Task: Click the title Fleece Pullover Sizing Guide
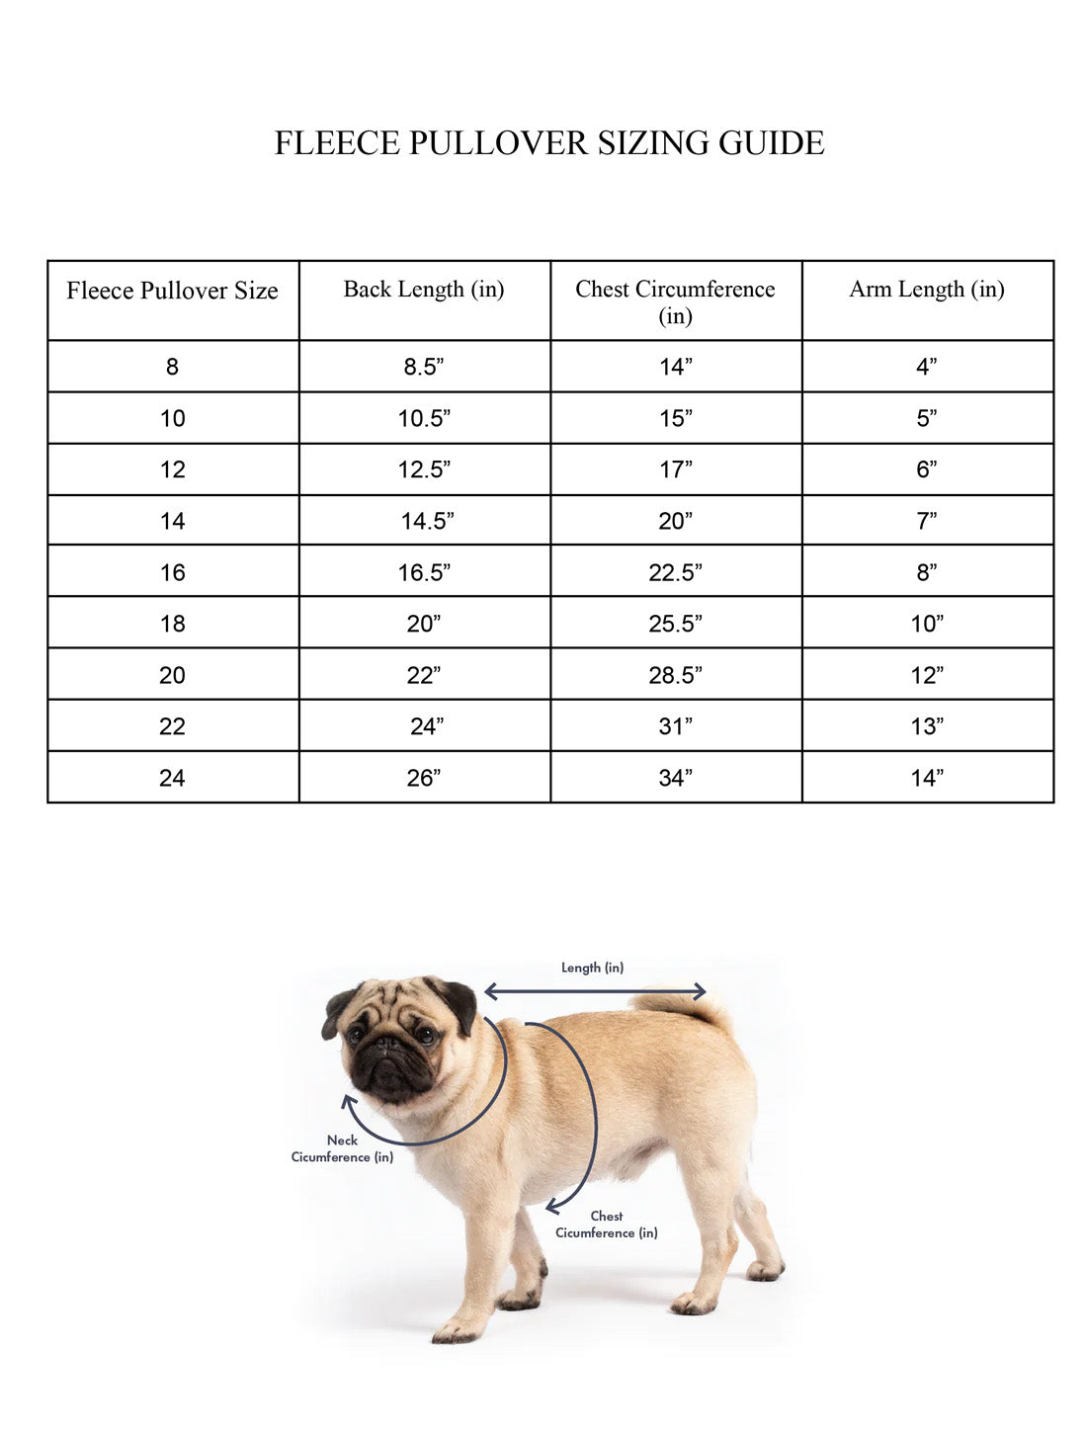(548, 143)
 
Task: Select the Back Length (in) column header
(424, 290)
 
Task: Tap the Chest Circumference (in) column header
(676, 301)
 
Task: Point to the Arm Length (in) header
(927, 290)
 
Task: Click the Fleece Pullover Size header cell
(173, 292)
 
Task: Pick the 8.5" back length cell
(424, 368)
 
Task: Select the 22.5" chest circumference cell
(676, 573)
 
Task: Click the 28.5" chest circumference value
(676, 676)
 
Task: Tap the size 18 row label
(173, 625)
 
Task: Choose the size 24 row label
(173, 779)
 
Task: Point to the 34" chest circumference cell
(676, 779)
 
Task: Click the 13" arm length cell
(927, 727)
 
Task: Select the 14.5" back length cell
(427, 522)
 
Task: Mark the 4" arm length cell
(927, 368)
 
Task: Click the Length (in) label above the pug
(593, 968)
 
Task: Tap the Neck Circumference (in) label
(342, 1148)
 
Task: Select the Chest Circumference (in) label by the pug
(606, 1225)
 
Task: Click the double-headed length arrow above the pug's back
(595, 991)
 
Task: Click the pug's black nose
(381, 1050)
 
